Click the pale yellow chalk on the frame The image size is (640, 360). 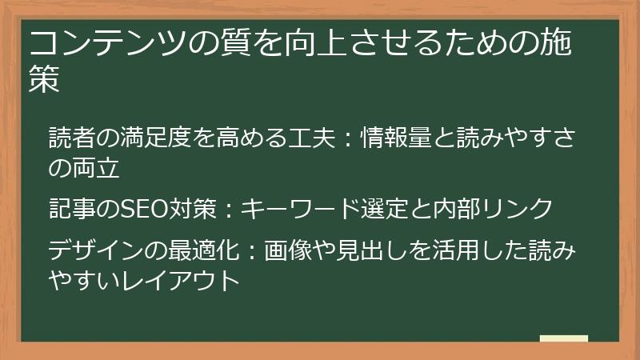click(x=564, y=338)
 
